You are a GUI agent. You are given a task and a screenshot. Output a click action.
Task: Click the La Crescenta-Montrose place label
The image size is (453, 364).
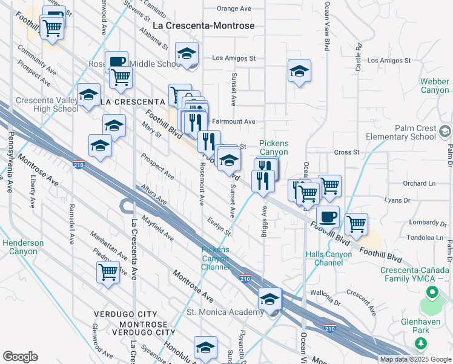[x=203, y=25]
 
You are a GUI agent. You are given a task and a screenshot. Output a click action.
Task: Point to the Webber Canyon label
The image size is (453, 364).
[x=435, y=86]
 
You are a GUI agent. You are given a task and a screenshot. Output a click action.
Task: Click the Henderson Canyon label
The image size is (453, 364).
[x=23, y=247]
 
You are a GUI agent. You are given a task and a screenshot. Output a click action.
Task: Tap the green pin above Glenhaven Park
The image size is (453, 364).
[x=432, y=294]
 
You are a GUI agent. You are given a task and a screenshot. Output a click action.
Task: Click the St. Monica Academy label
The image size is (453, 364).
[x=225, y=312]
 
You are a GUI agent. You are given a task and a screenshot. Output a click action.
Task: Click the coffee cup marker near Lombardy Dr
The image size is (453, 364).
[x=328, y=216]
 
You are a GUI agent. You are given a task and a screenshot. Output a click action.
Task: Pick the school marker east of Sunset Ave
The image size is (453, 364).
[x=299, y=72]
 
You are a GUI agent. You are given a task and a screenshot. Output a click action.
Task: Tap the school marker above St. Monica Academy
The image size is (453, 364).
[x=269, y=298]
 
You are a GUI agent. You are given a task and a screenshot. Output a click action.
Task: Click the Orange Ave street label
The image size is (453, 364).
[x=234, y=9]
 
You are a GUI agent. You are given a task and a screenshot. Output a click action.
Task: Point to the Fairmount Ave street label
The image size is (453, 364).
[x=233, y=121]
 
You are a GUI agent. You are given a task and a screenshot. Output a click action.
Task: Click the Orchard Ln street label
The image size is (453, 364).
[x=419, y=183]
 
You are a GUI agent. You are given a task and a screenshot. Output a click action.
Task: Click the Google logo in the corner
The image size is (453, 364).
[x=20, y=357]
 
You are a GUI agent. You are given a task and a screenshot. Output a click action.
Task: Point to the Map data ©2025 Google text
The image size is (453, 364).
[x=415, y=359]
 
